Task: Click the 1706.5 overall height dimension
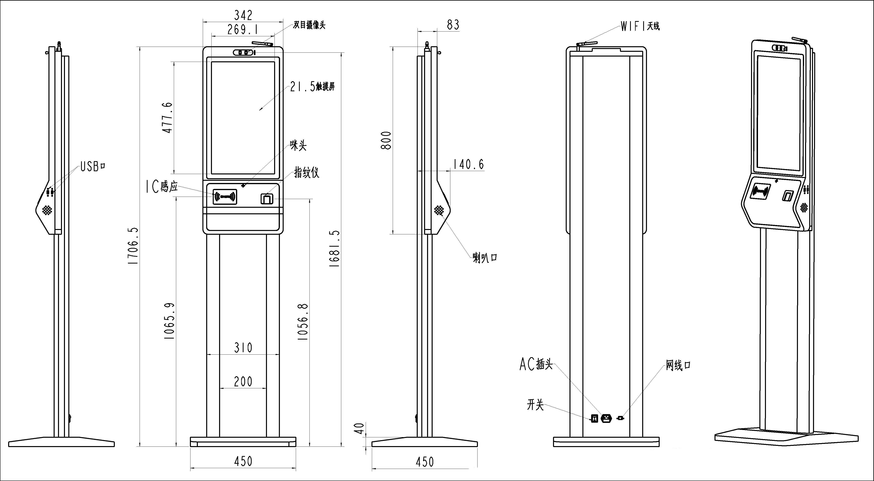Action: click(x=133, y=246)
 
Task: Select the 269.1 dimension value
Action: click(x=242, y=30)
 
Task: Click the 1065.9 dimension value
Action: click(x=169, y=321)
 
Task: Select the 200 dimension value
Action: click(x=243, y=382)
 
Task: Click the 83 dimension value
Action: click(x=453, y=25)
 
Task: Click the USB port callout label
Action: click(x=93, y=166)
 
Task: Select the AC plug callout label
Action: click(x=536, y=364)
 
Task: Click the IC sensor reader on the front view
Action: click(x=225, y=197)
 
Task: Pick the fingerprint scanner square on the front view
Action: click(x=267, y=198)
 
